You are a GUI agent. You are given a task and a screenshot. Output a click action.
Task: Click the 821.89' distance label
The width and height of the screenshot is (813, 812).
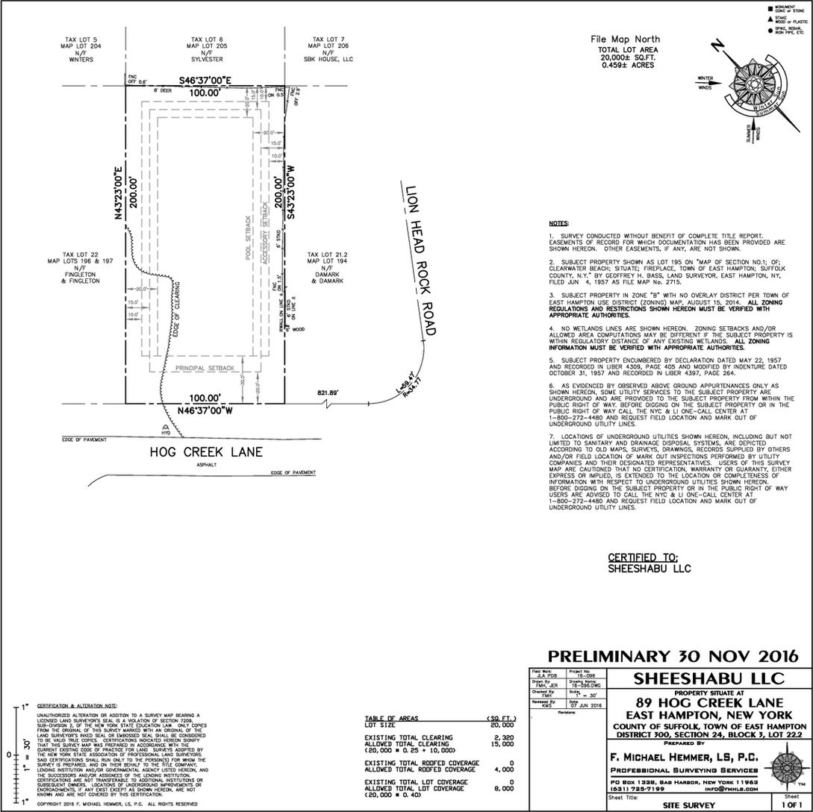[326, 391]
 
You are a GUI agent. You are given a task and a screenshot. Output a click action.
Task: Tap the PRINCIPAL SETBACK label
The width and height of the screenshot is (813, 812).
[205, 368]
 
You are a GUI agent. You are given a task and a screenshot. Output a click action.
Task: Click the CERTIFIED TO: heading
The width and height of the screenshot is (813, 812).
[643, 557]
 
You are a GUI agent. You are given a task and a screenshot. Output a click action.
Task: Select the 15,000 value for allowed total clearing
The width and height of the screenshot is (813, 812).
[503, 743]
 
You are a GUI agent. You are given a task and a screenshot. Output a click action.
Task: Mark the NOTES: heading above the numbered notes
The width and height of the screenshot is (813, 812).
[558, 223]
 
